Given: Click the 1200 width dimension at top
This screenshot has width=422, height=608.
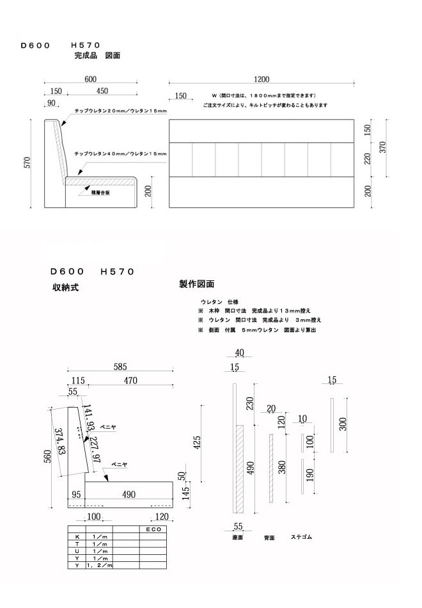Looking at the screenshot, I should (262, 79).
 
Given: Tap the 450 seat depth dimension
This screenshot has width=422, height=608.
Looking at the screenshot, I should (102, 91).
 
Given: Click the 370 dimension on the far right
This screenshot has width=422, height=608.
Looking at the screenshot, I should (383, 147).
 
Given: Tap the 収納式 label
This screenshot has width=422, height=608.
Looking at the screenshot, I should (65, 287).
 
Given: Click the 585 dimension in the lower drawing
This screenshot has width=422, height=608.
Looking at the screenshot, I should (120, 367).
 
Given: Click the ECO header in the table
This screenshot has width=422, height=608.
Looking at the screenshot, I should (153, 530).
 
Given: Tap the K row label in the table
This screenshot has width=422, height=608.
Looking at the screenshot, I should (77, 537).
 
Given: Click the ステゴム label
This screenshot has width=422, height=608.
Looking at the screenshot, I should (302, 536).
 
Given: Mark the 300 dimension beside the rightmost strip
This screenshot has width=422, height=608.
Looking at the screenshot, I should (343, 425).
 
